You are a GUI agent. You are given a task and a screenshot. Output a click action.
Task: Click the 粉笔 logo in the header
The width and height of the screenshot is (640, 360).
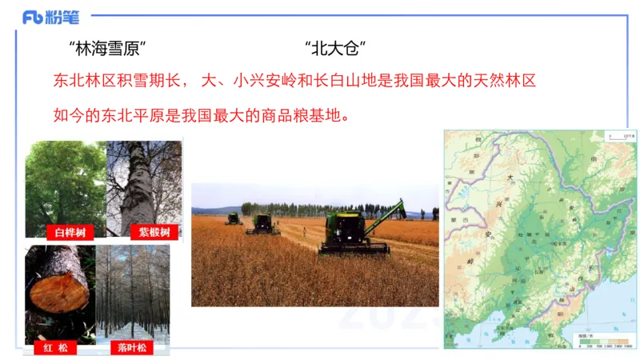click(x=50, y=16)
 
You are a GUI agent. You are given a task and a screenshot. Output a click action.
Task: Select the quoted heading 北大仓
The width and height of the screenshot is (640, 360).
click(x=336, y=48)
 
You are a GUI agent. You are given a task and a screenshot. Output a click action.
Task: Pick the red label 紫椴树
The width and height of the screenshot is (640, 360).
click(x=154, y=232)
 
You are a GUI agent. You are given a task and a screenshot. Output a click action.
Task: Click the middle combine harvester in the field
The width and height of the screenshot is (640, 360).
click(x=262, y=223)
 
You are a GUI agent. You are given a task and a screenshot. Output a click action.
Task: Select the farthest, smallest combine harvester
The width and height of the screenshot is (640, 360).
click(x=234, y=218)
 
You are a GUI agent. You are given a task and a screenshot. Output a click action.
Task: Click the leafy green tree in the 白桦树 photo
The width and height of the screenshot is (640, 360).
click(x=64, y=184)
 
